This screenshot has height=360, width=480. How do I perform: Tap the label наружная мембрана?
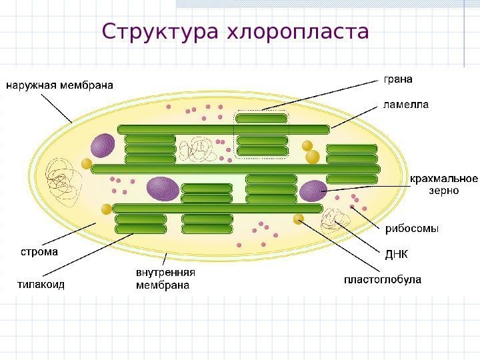coord(60,85)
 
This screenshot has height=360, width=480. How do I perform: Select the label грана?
coord(398,79)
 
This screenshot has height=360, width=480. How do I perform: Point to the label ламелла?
coord(405,105)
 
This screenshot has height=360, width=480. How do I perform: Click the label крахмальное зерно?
coord(444,184)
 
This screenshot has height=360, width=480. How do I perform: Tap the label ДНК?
coord(397,255)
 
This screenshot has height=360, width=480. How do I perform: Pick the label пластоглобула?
coord(382,280)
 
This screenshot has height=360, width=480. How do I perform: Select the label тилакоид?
coord(41,284)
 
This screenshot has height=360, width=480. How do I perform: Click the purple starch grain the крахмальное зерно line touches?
coord(313,191)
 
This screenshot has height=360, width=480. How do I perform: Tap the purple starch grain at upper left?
coord(103,145)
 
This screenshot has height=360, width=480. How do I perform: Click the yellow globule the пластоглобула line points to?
coord(299,219)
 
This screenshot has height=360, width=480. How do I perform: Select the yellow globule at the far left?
coord(86,163)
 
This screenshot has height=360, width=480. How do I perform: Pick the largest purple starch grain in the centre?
coord(163,188)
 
